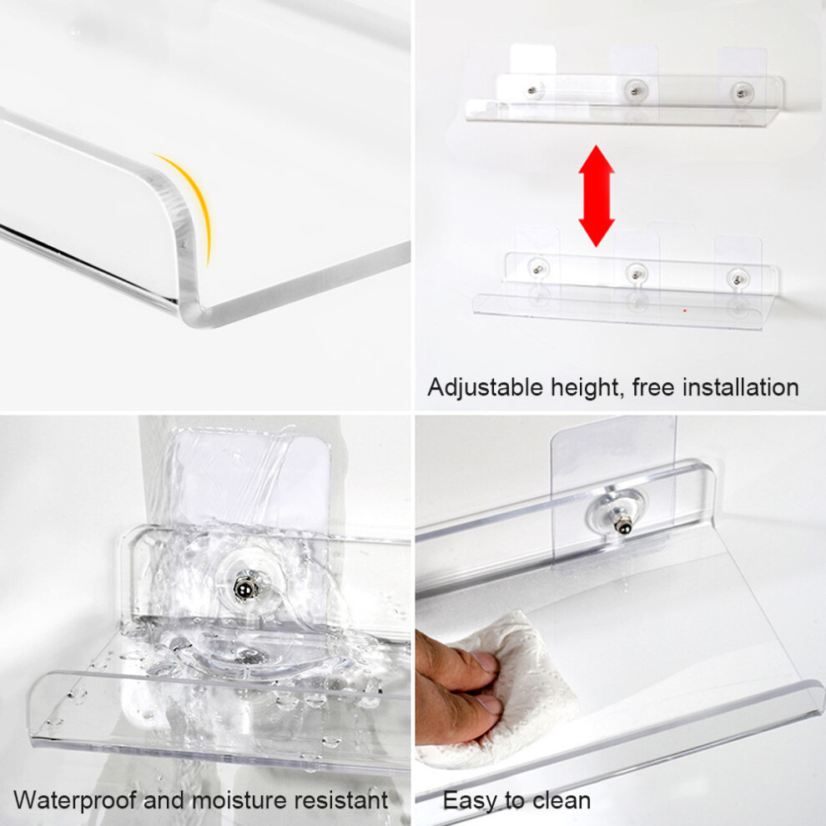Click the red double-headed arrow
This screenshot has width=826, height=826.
click(x=597, y=196)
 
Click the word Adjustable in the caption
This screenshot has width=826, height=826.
click(x=485, y=388)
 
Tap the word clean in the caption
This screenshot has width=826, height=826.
click(x=562, y=801)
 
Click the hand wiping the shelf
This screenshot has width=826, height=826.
click(x=457, y=686)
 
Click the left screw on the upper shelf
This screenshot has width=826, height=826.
click(x=533, y=91)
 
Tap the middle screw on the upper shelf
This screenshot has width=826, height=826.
click(x=635, y=91)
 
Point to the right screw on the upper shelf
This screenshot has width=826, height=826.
click(x=742, y=93)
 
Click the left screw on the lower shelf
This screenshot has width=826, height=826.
click(x=538, y=269)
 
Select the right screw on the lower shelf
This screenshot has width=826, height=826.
click(x=736, y=277)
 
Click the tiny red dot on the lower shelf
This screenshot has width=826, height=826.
click(x=685, y=310)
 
